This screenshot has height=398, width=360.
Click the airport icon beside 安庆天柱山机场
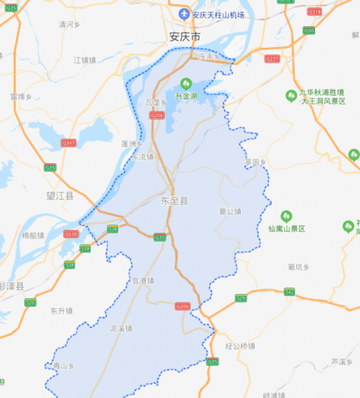[x=184, y=15]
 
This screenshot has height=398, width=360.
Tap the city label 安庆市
[x=184, y=37]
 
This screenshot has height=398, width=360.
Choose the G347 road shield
[x=68, y=143]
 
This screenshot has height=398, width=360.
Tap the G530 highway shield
[x=71, y=234]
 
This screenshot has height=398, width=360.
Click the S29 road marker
[x=241, y=298]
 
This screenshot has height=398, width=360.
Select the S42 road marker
[x=289, y=292]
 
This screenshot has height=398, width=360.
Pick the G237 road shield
[x=272, y=59]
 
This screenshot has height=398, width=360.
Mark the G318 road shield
[x=314, y=12]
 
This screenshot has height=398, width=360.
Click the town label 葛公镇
[x=230, y=212]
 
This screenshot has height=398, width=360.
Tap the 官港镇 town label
[x=143, y=281]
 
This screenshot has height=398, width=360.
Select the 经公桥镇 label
[x=240, y=346]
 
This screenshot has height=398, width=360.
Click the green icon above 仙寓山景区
[x=286, y=216]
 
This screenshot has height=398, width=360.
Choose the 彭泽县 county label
[x=12, y=286]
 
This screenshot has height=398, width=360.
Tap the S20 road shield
[x=30, y=302]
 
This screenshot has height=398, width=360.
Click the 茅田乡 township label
[x=255, y=161]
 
